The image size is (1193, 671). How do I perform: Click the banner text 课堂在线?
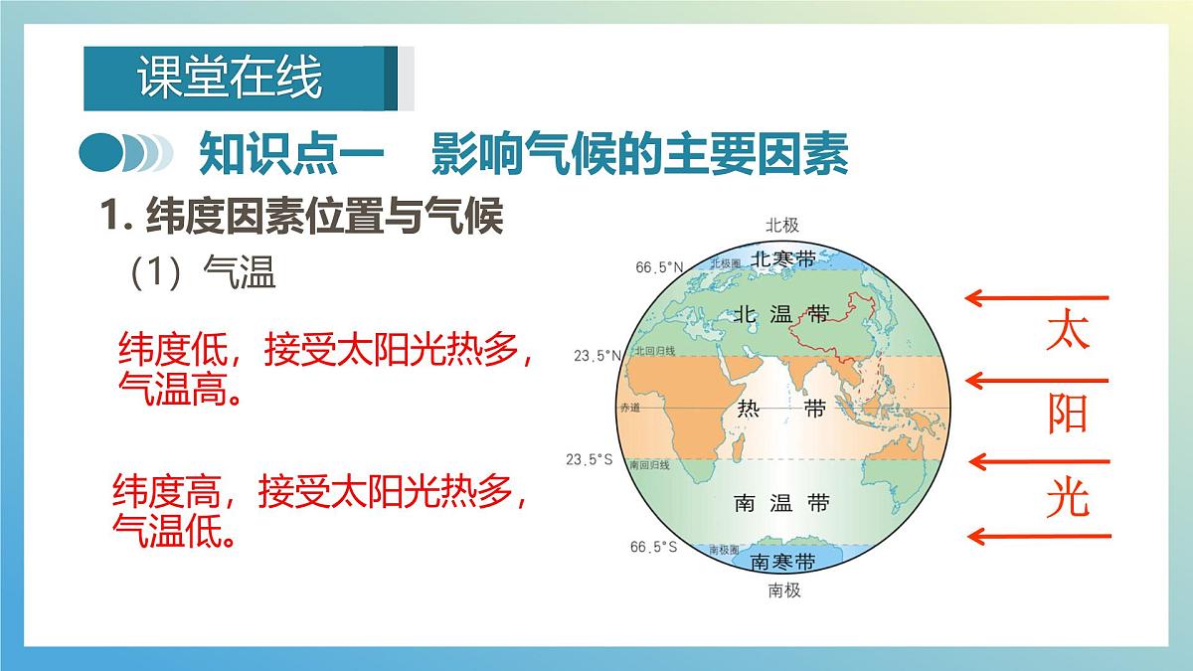[230, 79]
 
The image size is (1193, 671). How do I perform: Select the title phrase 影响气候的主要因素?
[640, 155]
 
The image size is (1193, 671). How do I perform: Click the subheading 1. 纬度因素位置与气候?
[304, 216]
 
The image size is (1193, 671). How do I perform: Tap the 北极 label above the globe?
[782, 225]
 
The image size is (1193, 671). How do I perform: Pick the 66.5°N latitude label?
[660, 266]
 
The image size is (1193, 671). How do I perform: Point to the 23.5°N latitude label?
[597, 355]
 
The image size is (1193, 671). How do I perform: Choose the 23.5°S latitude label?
[590, 459]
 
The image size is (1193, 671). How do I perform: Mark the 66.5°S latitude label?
[653, 547]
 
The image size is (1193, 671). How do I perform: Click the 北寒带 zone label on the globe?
[782, 258]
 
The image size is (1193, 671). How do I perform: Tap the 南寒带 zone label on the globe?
[782, 562]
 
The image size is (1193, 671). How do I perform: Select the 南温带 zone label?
[781, 503]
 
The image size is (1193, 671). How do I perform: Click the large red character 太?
[1068, 330]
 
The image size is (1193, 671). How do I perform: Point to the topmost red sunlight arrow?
[1038, 296]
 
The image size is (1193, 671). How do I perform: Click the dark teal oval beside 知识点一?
[100, 154]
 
